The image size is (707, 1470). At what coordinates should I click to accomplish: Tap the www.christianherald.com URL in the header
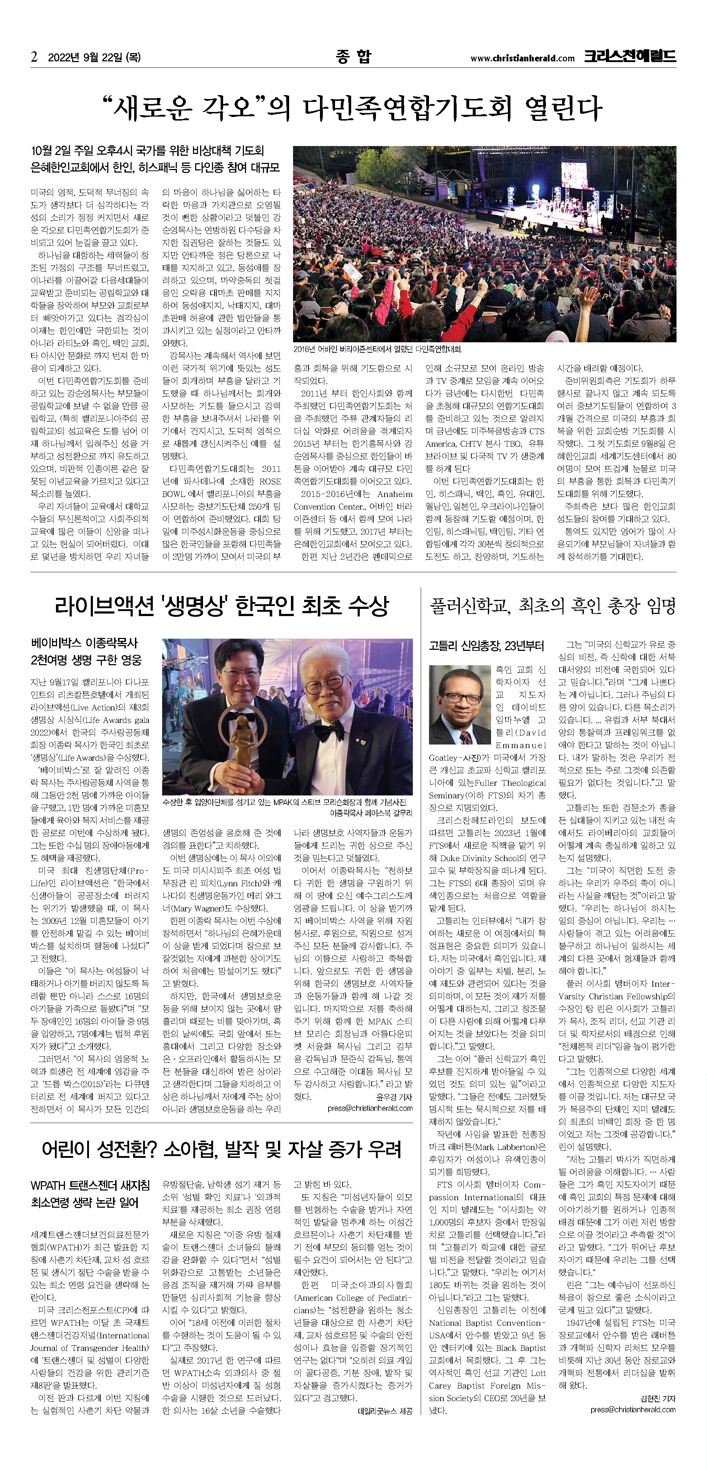[522, 58]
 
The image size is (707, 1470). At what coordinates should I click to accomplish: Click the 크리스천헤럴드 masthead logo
[630, 56]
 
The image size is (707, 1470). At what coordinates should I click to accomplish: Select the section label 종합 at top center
[353, 56]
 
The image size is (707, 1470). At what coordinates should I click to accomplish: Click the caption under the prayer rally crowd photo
[378, 349]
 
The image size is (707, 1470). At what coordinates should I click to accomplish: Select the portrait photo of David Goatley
[459, 705]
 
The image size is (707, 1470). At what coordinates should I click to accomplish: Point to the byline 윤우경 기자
[394, 1097]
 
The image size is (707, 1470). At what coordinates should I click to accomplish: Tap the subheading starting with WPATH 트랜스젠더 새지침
[90, 1185]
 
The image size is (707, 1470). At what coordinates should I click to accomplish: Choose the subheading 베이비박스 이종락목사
[84, 643]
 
